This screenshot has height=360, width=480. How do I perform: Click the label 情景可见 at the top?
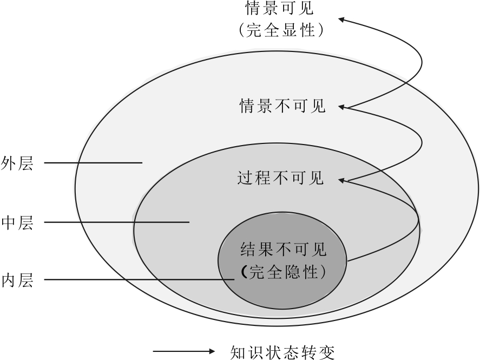click(x=280, y=9)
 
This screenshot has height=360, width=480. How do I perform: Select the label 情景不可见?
click(x=282, y=106)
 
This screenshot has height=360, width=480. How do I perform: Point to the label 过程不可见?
click(x=281, y=178)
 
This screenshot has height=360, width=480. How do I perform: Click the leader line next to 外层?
click(x=93, y=162)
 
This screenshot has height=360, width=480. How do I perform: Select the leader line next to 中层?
click(x=116, y=222)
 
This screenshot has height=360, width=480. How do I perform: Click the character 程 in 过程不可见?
click(x=262, y=178)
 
